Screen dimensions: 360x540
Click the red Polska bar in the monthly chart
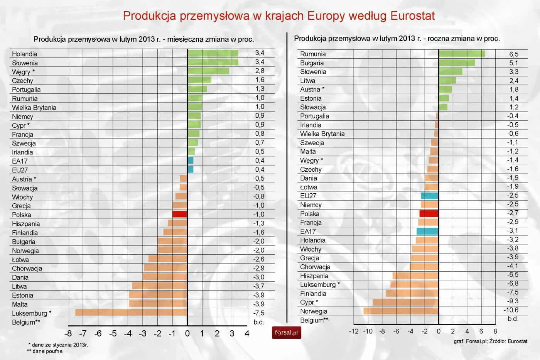point(180,214)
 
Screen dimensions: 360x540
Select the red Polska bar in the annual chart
point(429,213)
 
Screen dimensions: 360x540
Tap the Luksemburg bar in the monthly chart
point(131,313)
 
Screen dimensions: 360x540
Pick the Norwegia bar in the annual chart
point(401,311)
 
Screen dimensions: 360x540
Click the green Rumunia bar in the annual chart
point(462,54)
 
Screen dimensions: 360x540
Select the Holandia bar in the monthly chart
point(213,53)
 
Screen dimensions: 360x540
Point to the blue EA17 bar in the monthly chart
point(191,161)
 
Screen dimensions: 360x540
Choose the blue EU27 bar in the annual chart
point(430,196)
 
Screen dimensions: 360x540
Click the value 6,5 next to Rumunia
point(513,54)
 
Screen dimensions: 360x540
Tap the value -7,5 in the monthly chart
point(258,313)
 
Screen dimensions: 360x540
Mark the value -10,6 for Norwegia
point(511,310)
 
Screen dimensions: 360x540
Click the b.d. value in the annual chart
point(512,319)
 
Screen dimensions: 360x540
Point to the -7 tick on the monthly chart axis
point(83,333)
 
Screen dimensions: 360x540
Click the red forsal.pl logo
point(286,333)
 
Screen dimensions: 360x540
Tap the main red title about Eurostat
point(278,16)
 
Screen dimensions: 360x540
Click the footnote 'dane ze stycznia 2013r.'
point(59,345)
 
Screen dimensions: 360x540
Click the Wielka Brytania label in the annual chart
point(322,134)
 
